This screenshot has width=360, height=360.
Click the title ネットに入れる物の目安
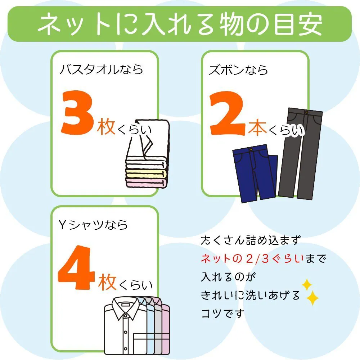pos(180,24)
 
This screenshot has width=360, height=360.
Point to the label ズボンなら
pos(238,69)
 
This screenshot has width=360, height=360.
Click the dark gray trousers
pos(301,151)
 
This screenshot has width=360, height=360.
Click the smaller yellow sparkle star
pos(306,285)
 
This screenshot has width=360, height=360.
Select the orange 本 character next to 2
pos(257,129)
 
